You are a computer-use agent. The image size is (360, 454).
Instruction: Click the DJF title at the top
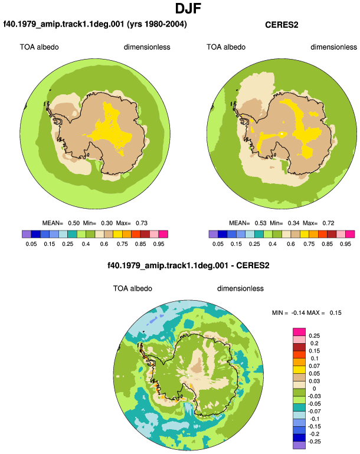(188, 8)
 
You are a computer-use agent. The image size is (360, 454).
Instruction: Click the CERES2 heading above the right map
(282, 25)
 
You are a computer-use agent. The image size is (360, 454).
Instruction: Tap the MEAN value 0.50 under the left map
(74, 223)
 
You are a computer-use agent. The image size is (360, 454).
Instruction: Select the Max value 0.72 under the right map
(328, 223)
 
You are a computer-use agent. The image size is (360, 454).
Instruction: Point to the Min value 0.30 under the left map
(107, 223)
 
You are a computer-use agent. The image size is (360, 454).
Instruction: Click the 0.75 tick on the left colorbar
(122, 244)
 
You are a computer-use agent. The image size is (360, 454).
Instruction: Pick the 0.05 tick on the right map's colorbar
(218, 244)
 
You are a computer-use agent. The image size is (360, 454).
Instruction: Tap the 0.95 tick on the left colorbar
(159, 244)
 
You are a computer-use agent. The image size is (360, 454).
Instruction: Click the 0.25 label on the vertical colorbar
(314, 336)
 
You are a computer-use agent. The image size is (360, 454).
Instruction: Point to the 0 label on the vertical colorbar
(314, 389)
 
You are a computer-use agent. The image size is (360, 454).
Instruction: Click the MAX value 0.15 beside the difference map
(335, 312)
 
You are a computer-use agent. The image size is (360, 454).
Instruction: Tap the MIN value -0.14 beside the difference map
(297, 312)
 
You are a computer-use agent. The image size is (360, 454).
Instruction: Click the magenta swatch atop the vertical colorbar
(299, 332)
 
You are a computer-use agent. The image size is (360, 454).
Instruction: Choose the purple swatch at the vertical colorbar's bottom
(299, 445)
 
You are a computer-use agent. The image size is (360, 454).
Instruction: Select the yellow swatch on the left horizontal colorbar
(117, 234)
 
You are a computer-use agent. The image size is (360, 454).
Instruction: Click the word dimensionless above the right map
(333, 47)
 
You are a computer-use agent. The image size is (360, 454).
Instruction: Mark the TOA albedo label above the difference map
(132, 288)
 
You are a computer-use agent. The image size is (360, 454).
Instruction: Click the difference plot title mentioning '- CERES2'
(188, 265)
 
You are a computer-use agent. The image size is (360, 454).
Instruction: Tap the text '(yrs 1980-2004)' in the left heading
(157, 24)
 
